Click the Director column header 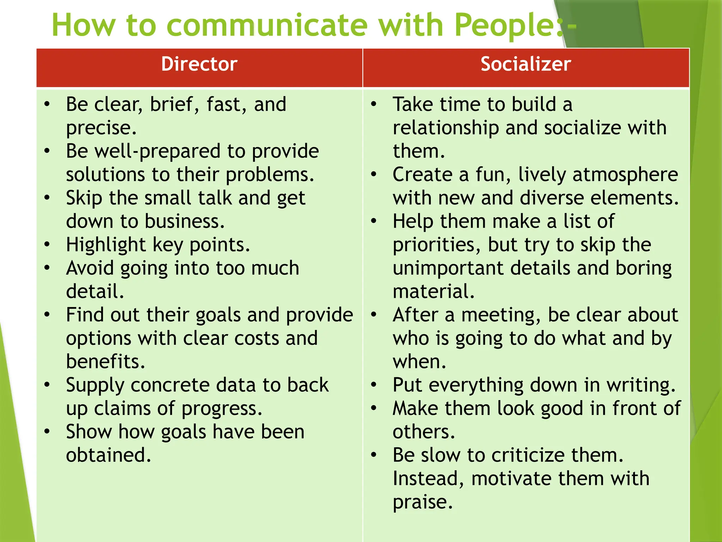(x=199, y=64)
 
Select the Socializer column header (x=526, y=64)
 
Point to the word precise (x=100, y=128)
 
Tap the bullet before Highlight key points (x=47, y=244)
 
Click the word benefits (x=105, y=361)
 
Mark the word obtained (x=108, y=455)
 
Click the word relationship (x=446, y=128)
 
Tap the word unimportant (x=448, y=268)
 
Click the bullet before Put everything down (x=374, y=385)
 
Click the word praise (x=422, y=502)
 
